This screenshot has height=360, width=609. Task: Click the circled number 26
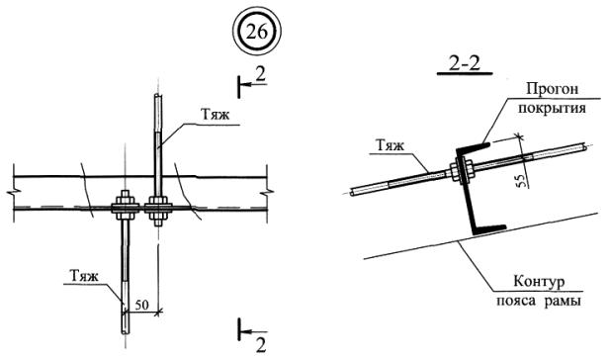tap(256, 31)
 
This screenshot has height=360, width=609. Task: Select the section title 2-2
tap(465, 63)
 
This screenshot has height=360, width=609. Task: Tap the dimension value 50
tap(141, 305)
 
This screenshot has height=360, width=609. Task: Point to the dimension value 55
tap(523, 180)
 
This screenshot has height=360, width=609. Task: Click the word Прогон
tap(552, 89)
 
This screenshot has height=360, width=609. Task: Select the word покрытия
tap(552, 108)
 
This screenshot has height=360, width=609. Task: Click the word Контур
tap(539, 281)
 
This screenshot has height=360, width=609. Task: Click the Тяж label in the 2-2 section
tap(390, 145)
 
